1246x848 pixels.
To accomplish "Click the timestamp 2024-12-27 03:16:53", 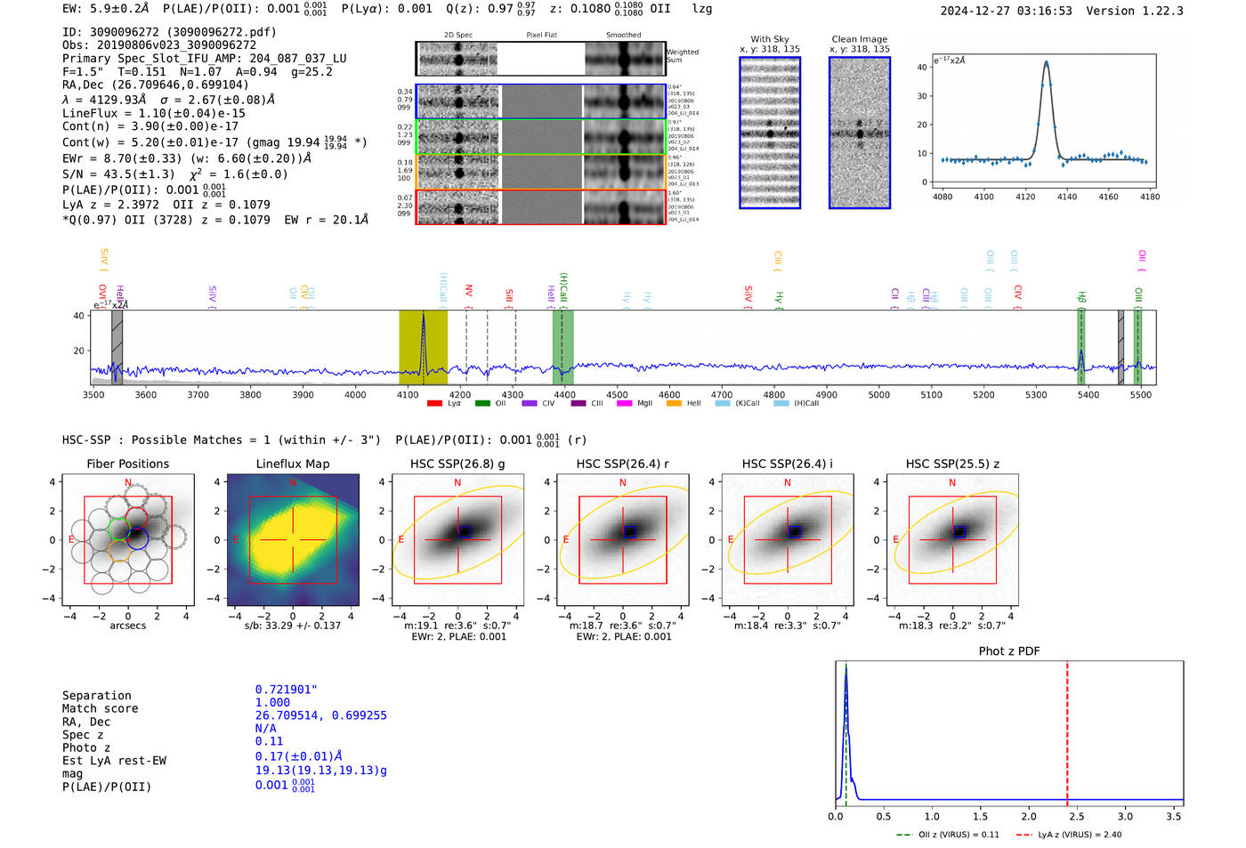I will [1006, 11].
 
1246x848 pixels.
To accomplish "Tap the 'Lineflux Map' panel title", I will [293, 464].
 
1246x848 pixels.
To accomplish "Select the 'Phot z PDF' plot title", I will [1009, 651].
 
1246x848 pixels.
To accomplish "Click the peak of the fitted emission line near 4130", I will [1046, 62].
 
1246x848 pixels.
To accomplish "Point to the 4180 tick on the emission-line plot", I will [1150, 197].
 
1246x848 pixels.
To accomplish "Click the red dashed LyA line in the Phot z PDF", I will [1067, 730].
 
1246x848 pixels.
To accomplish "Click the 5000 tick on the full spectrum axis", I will [878, 395].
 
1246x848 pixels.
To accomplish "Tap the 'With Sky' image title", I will [769, 39].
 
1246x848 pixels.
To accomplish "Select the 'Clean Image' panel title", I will [859, 39].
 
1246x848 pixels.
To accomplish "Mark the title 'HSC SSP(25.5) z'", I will [952, 464].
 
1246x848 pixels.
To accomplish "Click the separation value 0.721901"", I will [286, 690].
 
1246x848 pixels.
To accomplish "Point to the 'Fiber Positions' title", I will [127, 464].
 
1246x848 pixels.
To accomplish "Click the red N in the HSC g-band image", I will [457, 483].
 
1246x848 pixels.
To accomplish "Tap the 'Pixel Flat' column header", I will [541, 36].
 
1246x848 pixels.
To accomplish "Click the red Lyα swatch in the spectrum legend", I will [434, 404].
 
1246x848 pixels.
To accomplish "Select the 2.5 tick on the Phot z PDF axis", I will [1077, 816].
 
